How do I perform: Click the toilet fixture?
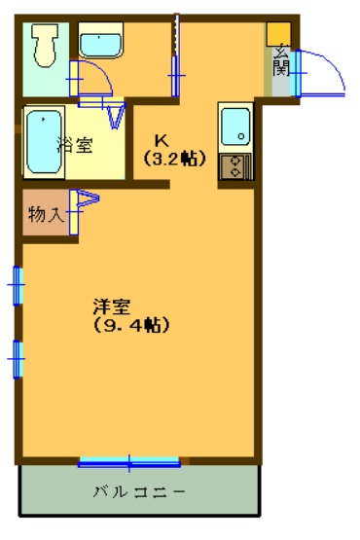(x=45, y=46)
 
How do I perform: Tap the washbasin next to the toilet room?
(x=100, y=40)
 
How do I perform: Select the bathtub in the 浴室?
(x=45, y=142)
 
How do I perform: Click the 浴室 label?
(x=76, y=145)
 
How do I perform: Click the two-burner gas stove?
(x=236, y=167)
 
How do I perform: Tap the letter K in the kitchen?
(x=162, y=140)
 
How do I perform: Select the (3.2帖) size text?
(x=175, y=159)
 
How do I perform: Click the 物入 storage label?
(x=47, y=215)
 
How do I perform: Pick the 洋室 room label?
(x=112, y=306)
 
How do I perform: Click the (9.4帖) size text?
(x=131, y=325)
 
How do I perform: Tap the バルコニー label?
(x=139, y=491)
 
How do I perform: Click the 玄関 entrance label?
(x=281, y=61)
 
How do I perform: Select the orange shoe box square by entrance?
(x=278, y=34)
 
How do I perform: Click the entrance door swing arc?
(x=331, y=63)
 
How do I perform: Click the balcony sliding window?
(x=129, y=462)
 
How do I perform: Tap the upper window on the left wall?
(x=18, y=285)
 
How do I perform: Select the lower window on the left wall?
(x=18, y=359)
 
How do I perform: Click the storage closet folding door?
(x=85, y=211)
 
